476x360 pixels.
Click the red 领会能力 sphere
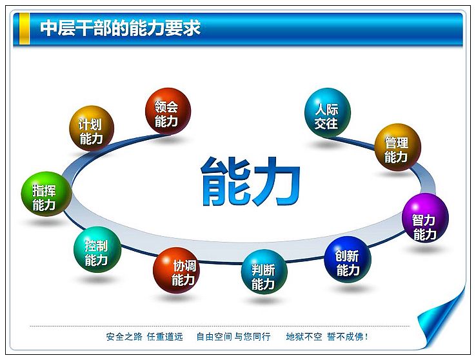[168, 111]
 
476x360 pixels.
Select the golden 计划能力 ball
[92, 128]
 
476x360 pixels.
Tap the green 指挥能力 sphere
[46, 194]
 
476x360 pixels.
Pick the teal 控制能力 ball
[97, 250]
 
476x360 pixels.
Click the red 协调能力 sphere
[176, 270]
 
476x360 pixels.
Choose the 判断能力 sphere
[264, 272]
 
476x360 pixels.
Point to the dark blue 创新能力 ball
[348, 260]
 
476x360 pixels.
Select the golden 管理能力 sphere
[398, 147]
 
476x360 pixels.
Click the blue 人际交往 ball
[328, 112]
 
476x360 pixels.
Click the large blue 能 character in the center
[225, 181]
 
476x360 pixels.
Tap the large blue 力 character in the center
[277, 181]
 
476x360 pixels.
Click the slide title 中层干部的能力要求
[121, 28]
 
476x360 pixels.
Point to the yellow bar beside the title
[25, 28]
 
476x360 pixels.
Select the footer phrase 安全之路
[124, 337]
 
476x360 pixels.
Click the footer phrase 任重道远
[165, 337]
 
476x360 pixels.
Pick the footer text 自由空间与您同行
[233, 337]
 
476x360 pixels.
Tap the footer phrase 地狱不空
[304, 337]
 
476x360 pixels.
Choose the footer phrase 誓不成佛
[345, 337]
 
